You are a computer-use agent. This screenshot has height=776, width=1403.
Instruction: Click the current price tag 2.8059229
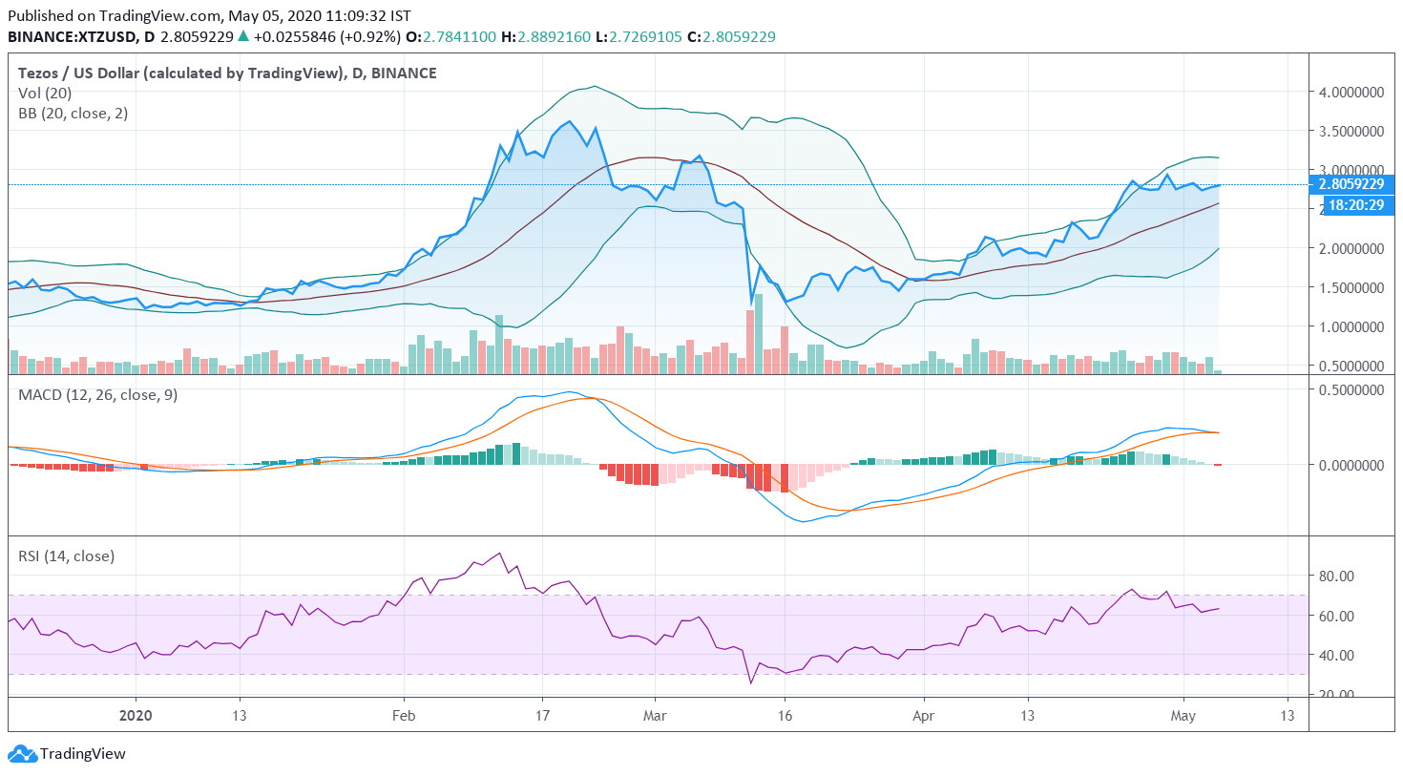click(x=1351, y=184)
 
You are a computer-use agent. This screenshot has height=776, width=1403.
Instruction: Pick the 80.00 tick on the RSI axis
click(x=1336, y=577)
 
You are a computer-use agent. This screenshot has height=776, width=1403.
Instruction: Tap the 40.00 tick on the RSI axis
click(x=1336, y=656)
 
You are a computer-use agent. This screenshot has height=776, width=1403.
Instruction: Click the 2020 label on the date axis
click(x=136, y=716)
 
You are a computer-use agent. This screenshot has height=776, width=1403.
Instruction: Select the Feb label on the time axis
click(x=404, y=716)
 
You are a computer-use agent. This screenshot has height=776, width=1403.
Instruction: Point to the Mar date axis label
click(x=655, y=716)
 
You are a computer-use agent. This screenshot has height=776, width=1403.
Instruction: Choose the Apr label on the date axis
click(x=923, y=716)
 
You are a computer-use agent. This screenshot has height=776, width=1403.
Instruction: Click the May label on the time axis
click(x=1183, y=716)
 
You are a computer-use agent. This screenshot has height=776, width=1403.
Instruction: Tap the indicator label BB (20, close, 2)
click(x=73, y=114)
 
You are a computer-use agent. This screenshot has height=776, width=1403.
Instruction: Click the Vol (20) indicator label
click(x=45, y=94)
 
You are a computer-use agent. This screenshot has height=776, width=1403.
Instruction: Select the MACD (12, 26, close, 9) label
click(x=98, y=395)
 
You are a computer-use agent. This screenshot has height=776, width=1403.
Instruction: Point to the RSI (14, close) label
click(x=67, y=556)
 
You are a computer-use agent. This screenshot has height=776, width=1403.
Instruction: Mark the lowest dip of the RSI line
click(x=750, y=682)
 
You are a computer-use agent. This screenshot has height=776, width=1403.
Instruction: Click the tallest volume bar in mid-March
click(x=759, y=334)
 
